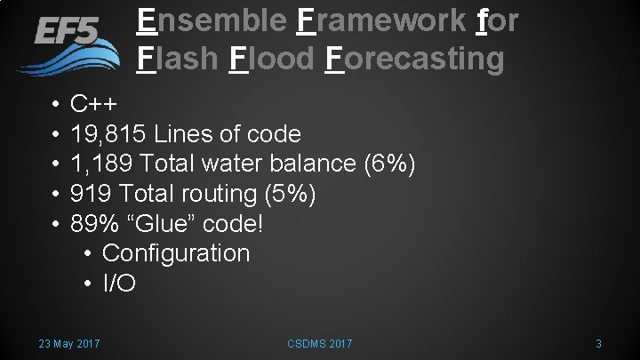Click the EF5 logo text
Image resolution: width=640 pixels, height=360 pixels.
[x=67, y=33]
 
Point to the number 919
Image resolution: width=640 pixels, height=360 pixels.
[x=91, y=194]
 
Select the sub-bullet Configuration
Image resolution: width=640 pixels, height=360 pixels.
[x=176, y=253]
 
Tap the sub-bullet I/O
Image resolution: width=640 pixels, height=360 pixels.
[x=119, y=283]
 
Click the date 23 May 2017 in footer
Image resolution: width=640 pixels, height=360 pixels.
[x=69, y=343]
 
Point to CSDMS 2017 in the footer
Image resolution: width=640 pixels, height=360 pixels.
[x=320, y=343]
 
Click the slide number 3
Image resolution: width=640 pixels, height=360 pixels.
[x=599, y=343]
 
